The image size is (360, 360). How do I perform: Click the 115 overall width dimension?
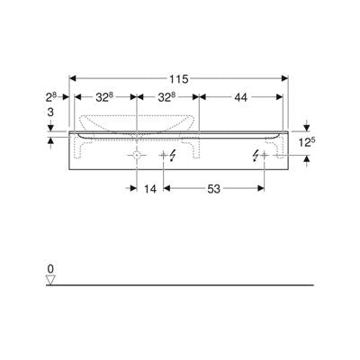point(178,79)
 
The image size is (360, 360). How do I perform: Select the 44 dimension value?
point(240,97)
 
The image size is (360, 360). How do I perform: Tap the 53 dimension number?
point(213,189)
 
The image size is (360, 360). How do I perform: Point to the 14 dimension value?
point(150,189)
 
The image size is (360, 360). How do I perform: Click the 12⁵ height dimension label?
point(307,143)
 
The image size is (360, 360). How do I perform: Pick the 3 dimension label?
point(50,112)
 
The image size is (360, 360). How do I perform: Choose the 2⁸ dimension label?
point(51,97)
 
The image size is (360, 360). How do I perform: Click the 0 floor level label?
point(50,268)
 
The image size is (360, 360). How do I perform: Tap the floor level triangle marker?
point(50,280)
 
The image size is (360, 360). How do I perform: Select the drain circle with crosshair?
point(137,155)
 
